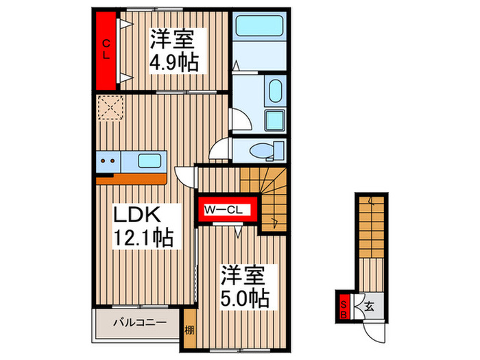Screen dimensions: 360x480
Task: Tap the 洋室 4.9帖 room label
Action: [174, 50]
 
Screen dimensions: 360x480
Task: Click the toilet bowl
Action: [261, 149]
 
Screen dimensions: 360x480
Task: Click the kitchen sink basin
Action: [149, 162]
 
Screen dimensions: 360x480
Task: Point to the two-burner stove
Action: [108, 163]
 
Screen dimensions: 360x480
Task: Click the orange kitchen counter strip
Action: [130, 179]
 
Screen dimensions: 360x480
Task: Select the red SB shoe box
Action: [344, 306]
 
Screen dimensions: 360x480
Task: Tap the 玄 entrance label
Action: [368, 306]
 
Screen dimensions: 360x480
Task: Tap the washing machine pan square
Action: [274, 121]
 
